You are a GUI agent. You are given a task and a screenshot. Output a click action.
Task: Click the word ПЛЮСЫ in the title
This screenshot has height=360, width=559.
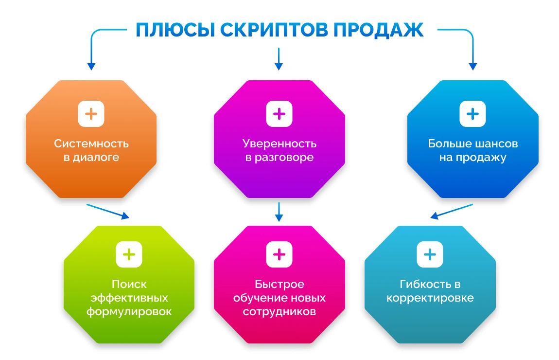(x=175, y=30)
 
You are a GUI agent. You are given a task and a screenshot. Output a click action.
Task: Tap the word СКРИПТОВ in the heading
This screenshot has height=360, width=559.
(x=274, y=30)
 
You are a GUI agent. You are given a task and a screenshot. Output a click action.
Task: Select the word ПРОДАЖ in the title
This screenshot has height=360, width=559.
(x=378, y=30)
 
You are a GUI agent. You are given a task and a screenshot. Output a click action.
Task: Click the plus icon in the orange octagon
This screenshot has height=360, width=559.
(x=91, y=114)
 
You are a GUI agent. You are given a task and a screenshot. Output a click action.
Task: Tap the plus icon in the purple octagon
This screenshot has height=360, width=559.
(x=279, y=114)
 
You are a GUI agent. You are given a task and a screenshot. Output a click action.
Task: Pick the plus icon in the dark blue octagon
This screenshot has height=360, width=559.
(x=473, y=114)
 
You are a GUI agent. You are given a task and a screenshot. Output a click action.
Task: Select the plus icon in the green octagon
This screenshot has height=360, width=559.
(x=129, y=254)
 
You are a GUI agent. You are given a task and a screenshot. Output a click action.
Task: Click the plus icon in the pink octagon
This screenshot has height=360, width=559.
(x=279, y=254)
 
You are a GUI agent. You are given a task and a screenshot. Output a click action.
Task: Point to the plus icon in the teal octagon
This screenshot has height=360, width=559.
(x=430, y=254)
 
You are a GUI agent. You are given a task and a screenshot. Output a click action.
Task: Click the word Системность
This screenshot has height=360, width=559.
(x=91, y=144)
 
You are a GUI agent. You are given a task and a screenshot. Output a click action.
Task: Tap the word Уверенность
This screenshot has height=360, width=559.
(x=279, y=144)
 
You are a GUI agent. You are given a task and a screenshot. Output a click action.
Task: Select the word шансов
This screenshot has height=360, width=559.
(x=496, y=144)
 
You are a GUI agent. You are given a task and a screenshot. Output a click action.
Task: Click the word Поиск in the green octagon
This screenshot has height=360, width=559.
(x=129, y=284)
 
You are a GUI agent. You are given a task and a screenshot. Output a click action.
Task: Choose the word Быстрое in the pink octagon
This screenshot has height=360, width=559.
(x=279, y=284)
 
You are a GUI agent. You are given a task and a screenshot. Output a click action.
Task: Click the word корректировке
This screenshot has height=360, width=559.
(x=430, y=298)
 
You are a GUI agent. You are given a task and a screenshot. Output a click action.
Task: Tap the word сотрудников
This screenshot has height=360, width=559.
(x=279, y=311)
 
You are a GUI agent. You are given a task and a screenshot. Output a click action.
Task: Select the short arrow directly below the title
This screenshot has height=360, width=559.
(x=279, y=59)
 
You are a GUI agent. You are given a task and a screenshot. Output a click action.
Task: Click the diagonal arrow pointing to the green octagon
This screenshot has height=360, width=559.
(x=107, y=211)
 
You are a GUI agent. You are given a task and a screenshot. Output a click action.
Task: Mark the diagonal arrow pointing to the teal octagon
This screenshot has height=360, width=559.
(x=452, y=211)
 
